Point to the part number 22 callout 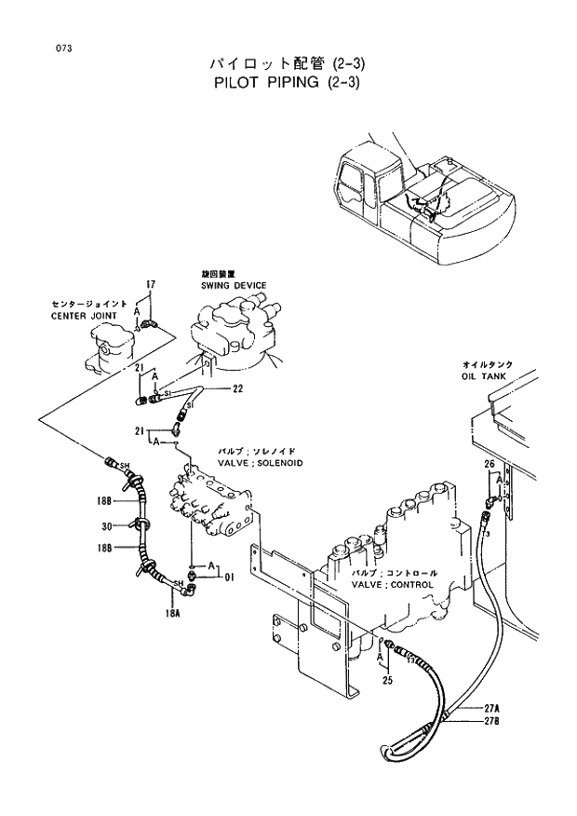[237, 389]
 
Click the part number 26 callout [489, 463]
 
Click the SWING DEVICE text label [234, 285]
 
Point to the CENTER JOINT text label [85, 316]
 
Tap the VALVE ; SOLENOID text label [260, 462]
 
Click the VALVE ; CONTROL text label [393, 585]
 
